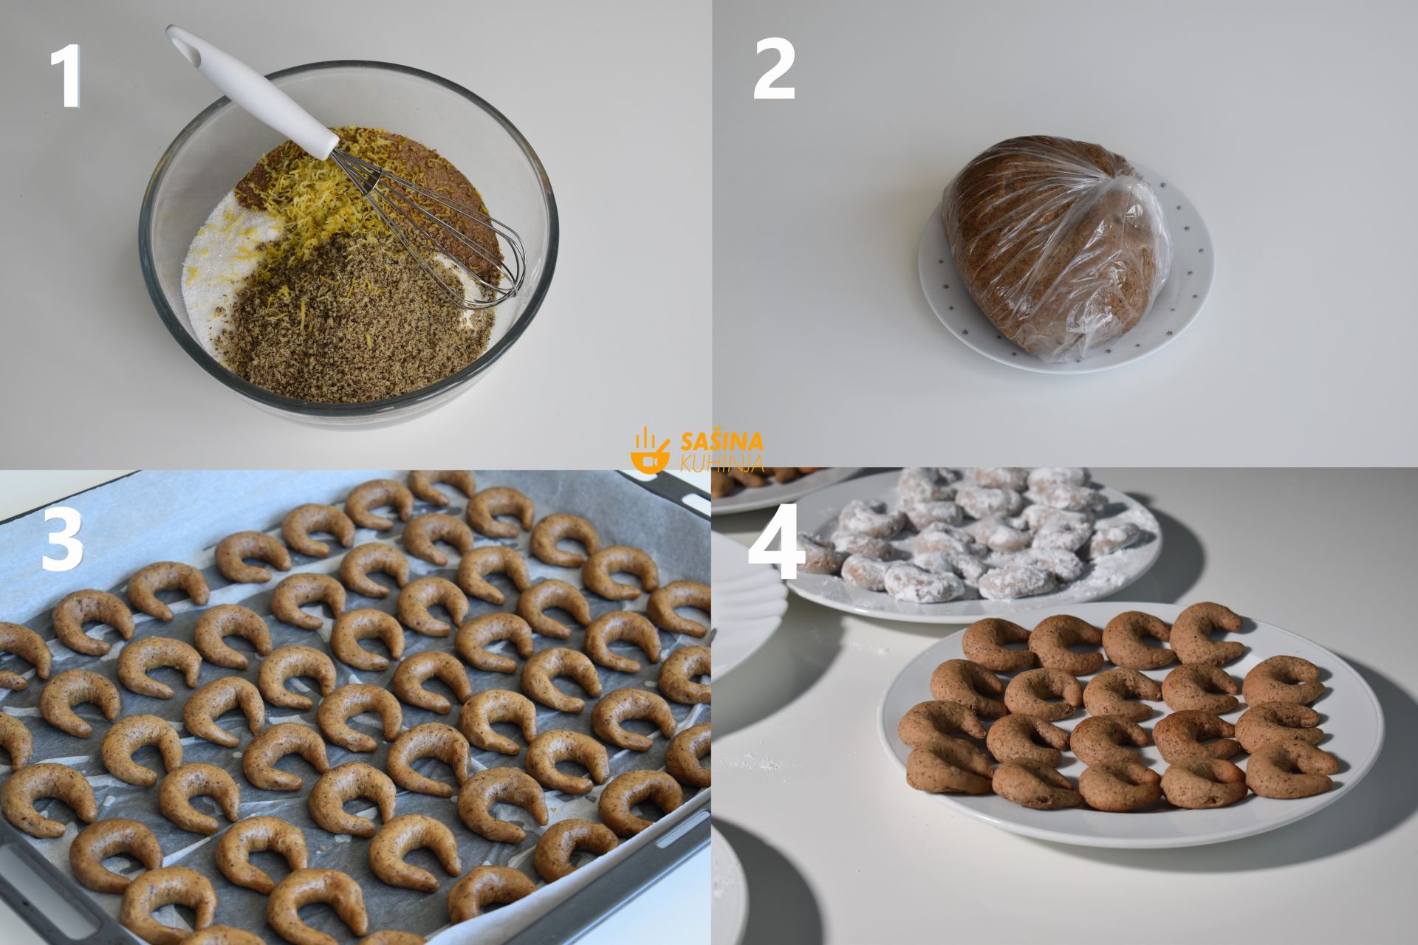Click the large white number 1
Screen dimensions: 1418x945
66,76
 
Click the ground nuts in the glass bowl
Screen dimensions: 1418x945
354,325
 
